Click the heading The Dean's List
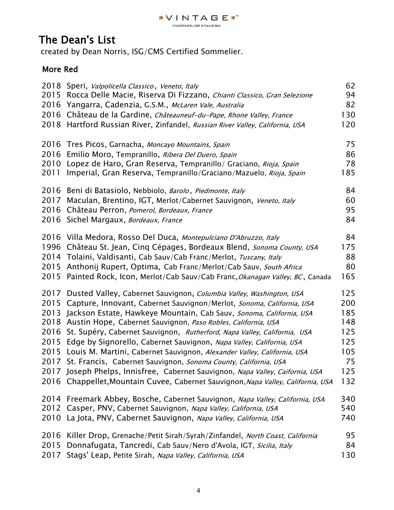pyautogui.click(x=77, y=40)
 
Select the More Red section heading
pyautogui.click(x=60, y=69)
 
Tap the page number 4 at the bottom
pyautogui.click(x=198, y=491)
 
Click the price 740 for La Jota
pyautogui.click(x=348, y=418)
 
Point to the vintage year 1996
pyautogui.click(x=51, y=247)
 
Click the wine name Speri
pyautogui.click(x=77, y=86)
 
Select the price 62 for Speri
pyautogui.click(x=350, y=86)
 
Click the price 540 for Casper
pyautogui.click(x=348, y=408)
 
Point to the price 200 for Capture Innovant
pyautogui.click(x=348, y=303)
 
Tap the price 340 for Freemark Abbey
pyautogui.click(x=348, y=399)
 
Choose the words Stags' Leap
pyautogui.click(x=88, y=455)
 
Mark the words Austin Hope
pyautogui.click(x=89, y=322)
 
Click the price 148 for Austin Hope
pyautogui.click(x=348, y=322)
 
